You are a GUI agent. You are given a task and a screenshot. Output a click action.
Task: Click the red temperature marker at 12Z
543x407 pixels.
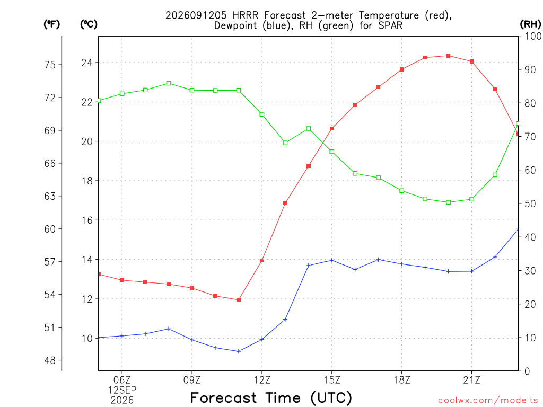coord(262,261)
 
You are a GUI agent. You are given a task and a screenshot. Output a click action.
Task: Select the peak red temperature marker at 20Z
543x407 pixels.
coord(448,56)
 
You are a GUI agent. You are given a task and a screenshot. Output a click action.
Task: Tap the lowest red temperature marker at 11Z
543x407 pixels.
coord(239,300)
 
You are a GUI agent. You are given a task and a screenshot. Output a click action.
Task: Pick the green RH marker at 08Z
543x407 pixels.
coord(169,83)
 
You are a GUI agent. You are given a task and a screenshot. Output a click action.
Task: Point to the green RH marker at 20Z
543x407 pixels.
coord(448,202)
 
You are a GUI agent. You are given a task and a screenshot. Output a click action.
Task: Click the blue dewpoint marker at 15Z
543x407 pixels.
coord(332,260)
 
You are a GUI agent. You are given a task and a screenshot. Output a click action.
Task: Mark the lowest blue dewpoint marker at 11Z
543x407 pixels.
coord(239,351)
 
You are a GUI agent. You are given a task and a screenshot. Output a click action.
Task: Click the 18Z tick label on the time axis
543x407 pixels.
coord(402,381)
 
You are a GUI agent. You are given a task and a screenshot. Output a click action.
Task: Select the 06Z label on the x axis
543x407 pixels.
coord(122,381)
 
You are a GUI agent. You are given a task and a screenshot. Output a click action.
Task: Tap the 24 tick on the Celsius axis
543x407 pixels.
coord(87,63)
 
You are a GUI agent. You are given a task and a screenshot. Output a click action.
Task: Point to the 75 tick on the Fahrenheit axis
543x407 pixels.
coord(50,65)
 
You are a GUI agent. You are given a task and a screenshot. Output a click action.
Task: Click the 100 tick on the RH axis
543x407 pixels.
coord(533,36)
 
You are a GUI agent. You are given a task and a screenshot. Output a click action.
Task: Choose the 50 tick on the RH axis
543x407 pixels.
coord(530,203)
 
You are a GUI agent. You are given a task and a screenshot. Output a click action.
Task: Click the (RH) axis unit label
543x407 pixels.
coord(530,24)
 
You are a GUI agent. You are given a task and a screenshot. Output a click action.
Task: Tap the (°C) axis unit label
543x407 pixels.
coord(89,24)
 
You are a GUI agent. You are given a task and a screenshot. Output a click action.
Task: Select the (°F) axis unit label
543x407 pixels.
coord(51,24)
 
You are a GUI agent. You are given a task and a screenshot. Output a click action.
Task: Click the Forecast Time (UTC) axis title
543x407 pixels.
coord(271,397)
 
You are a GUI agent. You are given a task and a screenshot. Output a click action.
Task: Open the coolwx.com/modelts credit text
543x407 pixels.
coord(488,401)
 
